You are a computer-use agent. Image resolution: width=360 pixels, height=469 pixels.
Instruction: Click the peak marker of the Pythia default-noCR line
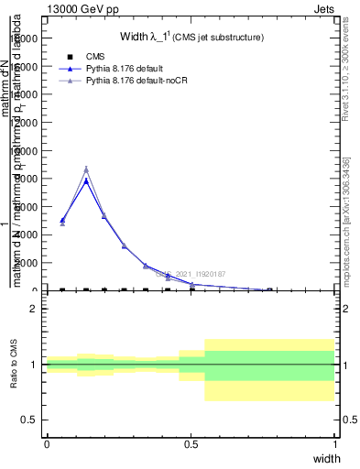click(x=86, y=169)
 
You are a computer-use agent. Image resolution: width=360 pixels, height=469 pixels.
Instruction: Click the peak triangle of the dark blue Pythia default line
click(x=86, y=180)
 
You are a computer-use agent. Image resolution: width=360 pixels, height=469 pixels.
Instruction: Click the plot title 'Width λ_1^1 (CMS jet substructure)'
click(x=192, y=38)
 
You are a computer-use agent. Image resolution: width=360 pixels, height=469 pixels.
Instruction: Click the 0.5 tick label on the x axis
click(x=191, y=444)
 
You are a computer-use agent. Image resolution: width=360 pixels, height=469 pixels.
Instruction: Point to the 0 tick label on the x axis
click(x=47, y=444)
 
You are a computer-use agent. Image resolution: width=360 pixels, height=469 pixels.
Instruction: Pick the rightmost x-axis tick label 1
click(x=334, y=444)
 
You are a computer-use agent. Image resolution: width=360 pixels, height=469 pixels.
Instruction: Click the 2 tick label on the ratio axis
click(x=33, y=309)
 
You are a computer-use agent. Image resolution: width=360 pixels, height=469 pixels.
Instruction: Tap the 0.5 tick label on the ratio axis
click(x=28, y=420)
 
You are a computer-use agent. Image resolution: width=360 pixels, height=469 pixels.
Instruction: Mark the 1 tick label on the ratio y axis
click(x=33, y=365)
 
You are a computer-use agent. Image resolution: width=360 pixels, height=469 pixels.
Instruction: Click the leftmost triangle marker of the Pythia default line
click(x=62, y=220)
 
